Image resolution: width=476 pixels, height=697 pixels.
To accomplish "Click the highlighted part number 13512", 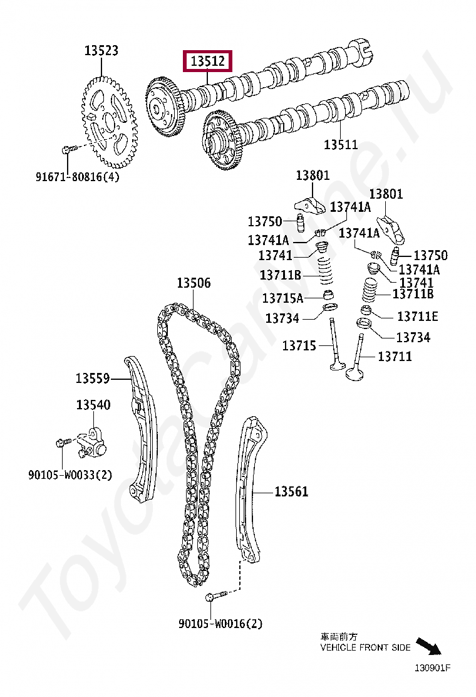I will (207, 61).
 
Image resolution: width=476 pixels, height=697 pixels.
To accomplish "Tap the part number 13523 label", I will (101, 51).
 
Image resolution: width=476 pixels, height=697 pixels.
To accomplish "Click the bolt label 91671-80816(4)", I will (77, 177).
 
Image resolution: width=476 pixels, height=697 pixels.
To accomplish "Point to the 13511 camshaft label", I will (341, 145).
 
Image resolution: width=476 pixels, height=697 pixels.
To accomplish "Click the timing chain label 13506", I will (194, 283).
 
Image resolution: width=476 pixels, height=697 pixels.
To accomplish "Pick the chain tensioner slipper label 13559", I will (93, 379).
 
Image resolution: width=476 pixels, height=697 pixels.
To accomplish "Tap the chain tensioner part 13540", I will (92, 438).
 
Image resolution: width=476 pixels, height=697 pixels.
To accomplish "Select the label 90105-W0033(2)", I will (70, 474).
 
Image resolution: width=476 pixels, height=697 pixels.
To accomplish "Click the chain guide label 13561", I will (291, 492).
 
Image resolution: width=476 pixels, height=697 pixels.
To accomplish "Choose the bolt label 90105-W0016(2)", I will (220, 624).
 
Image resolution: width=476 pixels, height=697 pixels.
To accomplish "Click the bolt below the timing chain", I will (213, 597).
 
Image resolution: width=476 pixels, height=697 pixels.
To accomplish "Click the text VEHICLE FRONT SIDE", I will (365, 647).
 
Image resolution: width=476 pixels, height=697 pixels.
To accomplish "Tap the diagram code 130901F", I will (432, 668).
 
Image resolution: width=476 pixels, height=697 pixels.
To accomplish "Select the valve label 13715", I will (299, 345).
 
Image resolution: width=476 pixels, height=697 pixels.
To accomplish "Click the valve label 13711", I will (395, 357).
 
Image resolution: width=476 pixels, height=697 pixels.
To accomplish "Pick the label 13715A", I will (282, 298).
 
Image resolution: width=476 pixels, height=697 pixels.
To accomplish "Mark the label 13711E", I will (418, 317).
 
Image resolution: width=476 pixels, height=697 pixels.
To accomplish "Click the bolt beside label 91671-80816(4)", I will (68, 149).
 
